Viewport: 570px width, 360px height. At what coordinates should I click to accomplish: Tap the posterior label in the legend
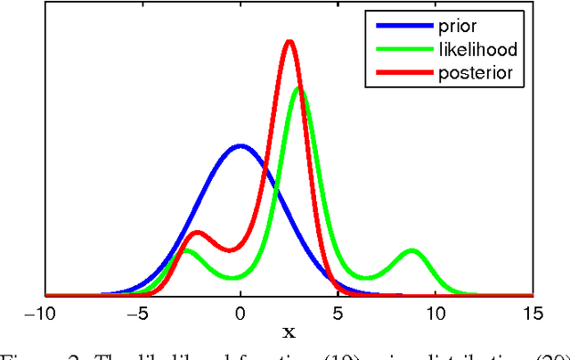[x=475, y=73]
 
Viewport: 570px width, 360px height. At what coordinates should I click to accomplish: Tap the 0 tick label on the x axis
[x=240, y=312]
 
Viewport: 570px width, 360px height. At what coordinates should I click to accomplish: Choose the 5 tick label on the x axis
[x=338, y=312]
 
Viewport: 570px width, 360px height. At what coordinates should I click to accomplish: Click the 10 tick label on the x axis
[x=436, y=312]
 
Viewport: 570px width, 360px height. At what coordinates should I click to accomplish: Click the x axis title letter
[x=288, y=332]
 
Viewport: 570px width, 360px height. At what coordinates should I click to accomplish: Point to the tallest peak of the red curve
[x=289, y=42]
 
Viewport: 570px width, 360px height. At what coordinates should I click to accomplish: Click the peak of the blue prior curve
[x=240, y=146]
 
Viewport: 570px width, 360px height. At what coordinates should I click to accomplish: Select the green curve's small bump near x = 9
[x=412, y=250]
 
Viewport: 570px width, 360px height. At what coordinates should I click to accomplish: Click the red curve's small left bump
[x=198, y=233]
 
